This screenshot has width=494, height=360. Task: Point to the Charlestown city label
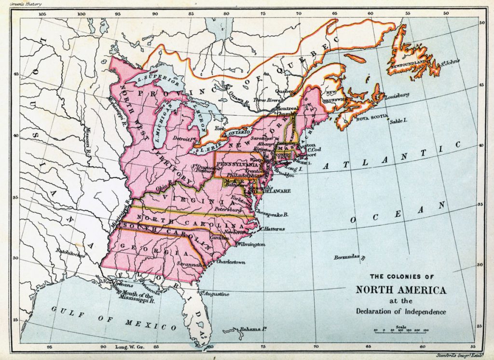(231, 262)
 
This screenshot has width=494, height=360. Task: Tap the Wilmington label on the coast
(251, 245)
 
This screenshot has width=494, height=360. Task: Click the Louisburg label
(397, 95)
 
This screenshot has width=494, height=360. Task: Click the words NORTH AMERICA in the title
(401, 290)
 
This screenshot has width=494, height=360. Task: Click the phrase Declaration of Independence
(401, 311)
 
